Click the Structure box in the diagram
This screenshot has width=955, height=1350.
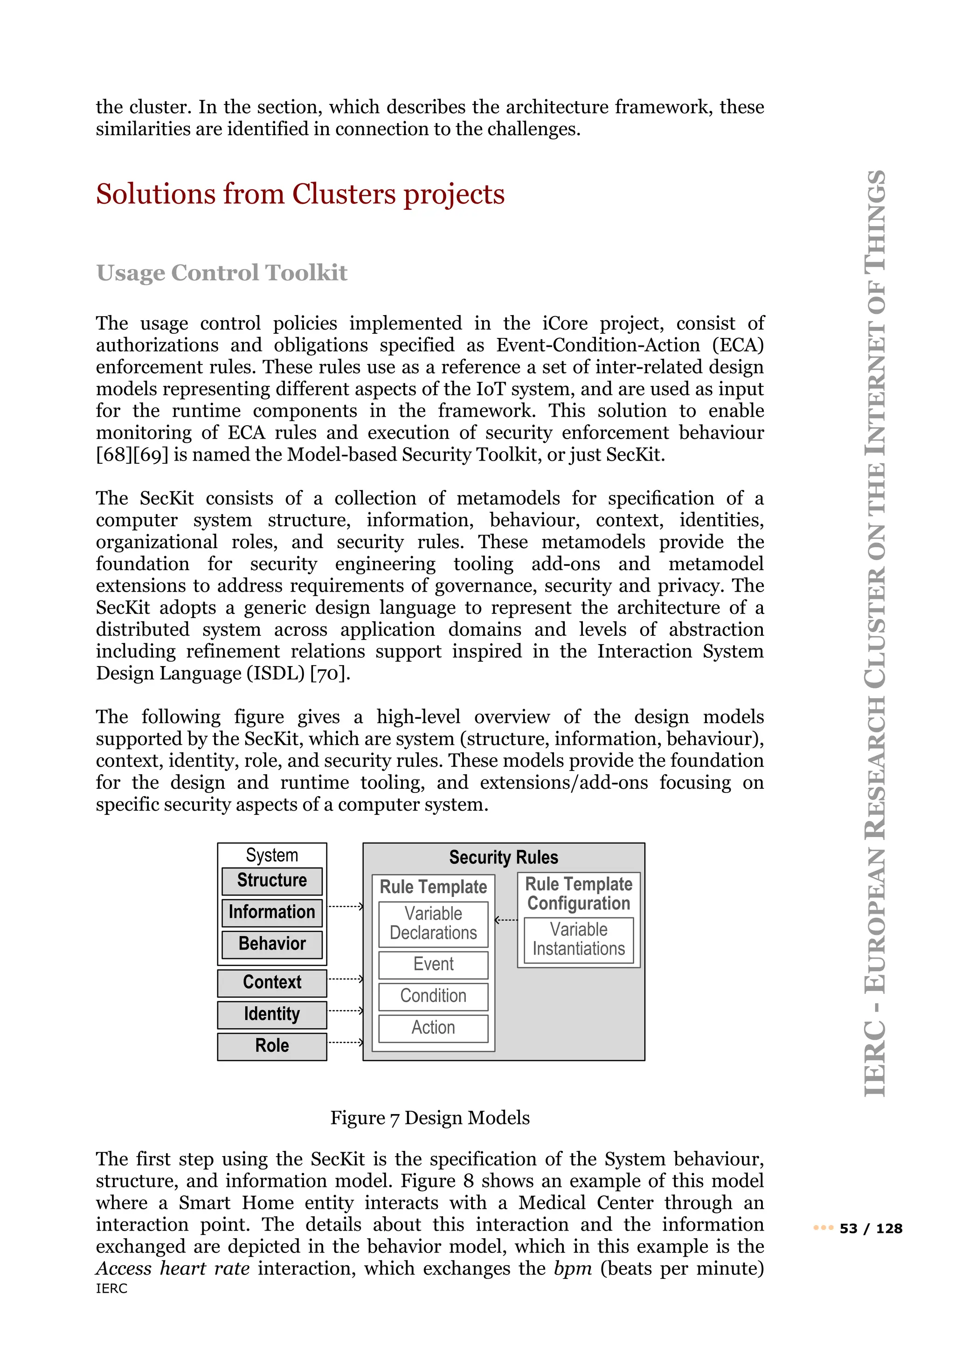tap(272, 881)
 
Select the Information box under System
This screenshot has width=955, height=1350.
tap(272, 913)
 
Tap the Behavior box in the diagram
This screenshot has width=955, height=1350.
tap(272, 944)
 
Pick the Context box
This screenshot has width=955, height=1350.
tap(272, 983)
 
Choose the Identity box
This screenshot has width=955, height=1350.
tap(272, 1014)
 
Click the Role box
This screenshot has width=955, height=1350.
tap(272, 1046)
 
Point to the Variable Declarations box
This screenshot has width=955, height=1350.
tap(433, 924)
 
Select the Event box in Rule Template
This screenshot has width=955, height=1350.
tap(433, 964)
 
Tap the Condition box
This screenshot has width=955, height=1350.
tap(433, 996)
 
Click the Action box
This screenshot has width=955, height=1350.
tap(433, 1028)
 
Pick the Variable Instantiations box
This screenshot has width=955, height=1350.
tap(579, 940)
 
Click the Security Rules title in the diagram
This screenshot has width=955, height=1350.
tap(503, 857)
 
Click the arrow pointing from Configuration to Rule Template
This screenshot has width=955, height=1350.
tap(506, 920)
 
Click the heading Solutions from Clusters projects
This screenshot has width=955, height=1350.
tap(300, 194)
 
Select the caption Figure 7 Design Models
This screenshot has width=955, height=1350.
tap(430, 1118)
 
